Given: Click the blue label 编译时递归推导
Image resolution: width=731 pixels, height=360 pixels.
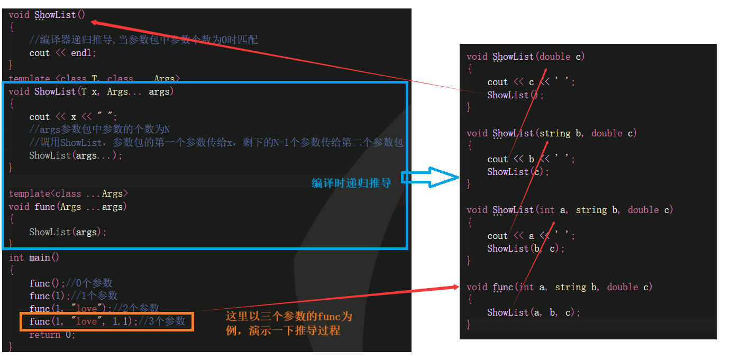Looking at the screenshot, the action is [351, 183].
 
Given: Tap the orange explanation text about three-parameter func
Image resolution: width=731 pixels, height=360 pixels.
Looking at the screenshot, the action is [288, 324].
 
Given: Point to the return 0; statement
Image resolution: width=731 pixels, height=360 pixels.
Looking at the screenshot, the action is [52, 335].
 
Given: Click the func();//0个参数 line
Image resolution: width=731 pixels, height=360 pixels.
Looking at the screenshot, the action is [71, 283].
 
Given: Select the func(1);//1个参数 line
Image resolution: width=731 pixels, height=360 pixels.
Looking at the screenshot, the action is [74, 296].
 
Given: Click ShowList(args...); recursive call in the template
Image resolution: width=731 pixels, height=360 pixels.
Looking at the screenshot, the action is [76, 155].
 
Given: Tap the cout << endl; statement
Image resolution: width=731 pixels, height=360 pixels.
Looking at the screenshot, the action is [63, 53].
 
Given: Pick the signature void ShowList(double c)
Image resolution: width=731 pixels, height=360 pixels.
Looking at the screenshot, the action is [526, 57].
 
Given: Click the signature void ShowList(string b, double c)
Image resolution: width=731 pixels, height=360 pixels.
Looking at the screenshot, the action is [552, 133].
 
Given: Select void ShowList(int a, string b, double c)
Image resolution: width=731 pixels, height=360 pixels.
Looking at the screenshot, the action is [570, 210].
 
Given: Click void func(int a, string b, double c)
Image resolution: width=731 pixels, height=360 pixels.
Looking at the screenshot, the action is [560, 287].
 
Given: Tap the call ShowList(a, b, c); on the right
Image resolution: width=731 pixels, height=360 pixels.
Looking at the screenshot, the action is [534, 312].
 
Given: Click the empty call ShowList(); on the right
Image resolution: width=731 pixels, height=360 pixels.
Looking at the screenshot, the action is [515, 95].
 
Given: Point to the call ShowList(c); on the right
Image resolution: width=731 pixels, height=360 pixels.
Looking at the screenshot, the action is [518, 172].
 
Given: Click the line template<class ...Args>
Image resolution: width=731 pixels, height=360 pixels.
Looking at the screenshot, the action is [68, 193].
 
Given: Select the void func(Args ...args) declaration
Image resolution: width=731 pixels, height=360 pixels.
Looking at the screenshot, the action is [68, 207].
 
